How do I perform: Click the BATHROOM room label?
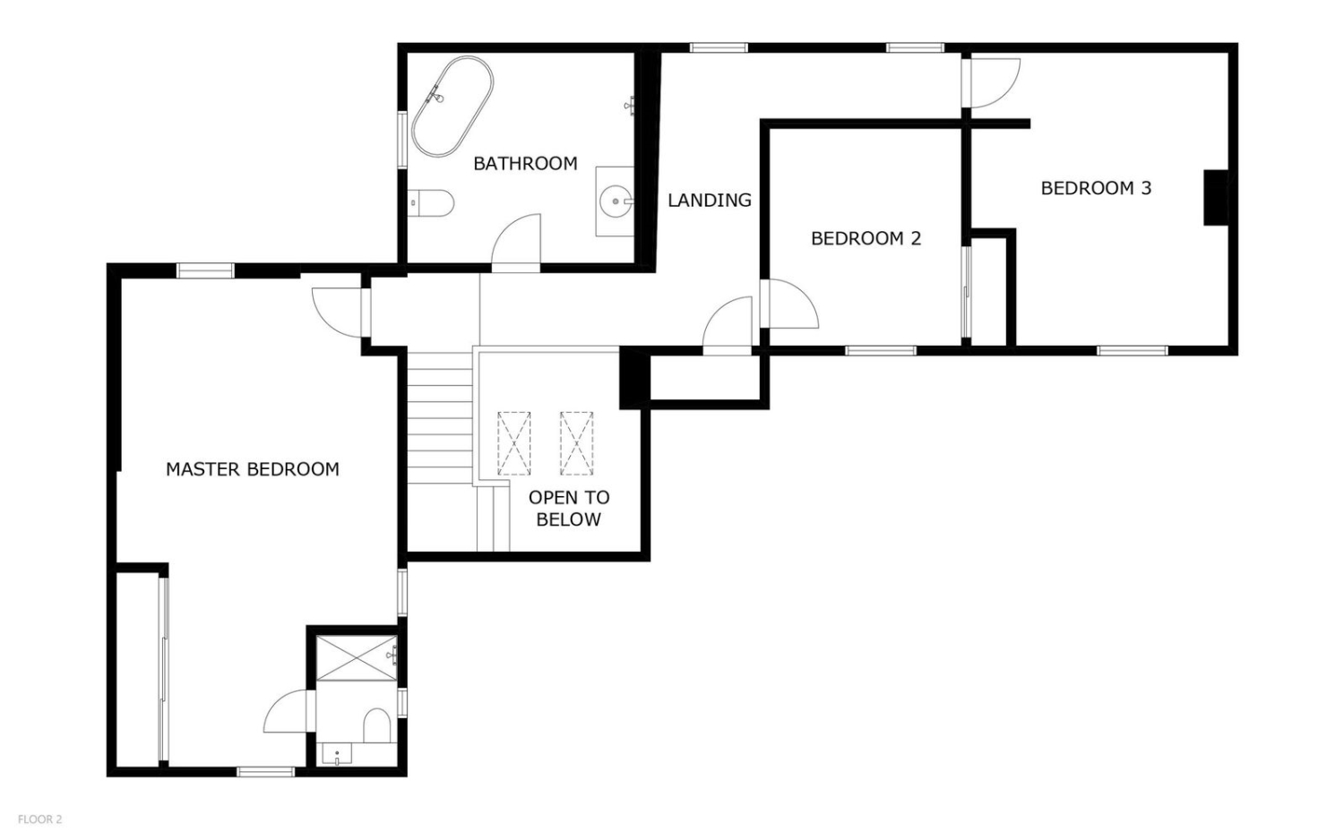tap(525, 163)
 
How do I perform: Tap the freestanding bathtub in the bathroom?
tap(452, 107)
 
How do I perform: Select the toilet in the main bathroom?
tap(431, 202)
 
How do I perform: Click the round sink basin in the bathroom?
tap(616, 201)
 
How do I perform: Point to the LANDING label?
tap(710, 201)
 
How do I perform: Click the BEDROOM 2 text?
tap(866, 238)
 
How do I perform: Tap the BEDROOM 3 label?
tap(1096, 188)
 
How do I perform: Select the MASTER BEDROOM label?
tap(253, 469)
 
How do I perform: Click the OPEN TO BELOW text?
tap(569, 509)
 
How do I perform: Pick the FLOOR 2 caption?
tap(40, 819)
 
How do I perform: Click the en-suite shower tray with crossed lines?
tap(357, 658)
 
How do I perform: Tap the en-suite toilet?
tap(377, 725)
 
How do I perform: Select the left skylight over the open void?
tap(514, 443)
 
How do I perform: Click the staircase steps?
tap(441, 418)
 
